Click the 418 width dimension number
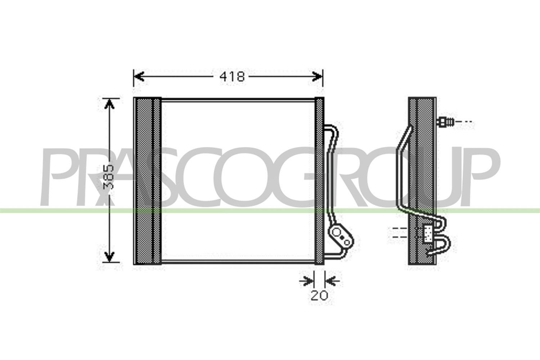(x=232, y=77)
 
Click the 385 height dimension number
(x=108, y=177)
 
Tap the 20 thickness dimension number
(x=319, y=295)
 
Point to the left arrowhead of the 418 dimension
(x=139, y=76)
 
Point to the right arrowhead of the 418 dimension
(x=317, y=76)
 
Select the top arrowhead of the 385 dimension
(x=109, y=104)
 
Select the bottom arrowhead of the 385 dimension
(x=109, y=256)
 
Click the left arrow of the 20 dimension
(x=306, y=281)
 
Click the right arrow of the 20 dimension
(x=332, y=281)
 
